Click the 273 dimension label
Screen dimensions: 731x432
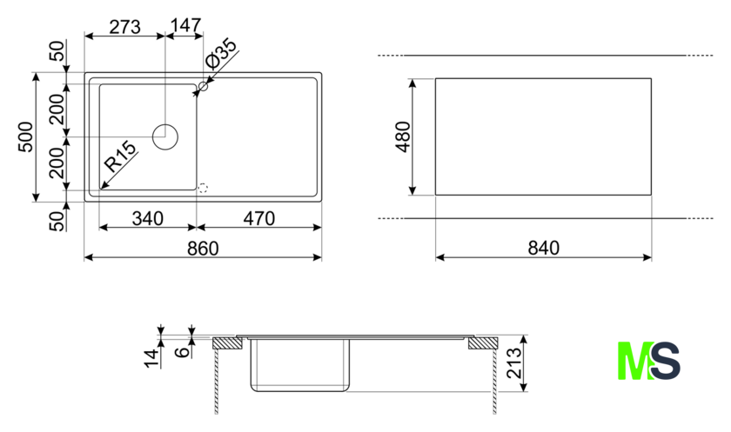124,27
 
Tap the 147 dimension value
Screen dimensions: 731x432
186,25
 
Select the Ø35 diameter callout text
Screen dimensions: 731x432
221,55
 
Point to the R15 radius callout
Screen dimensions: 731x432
120,156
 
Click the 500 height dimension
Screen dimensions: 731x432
26,136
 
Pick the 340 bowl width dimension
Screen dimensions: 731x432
148,218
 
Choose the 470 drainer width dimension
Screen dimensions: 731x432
259,218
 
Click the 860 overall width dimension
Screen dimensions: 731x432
203,248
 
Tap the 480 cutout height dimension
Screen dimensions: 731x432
403,136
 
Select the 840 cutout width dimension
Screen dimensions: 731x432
544,248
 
